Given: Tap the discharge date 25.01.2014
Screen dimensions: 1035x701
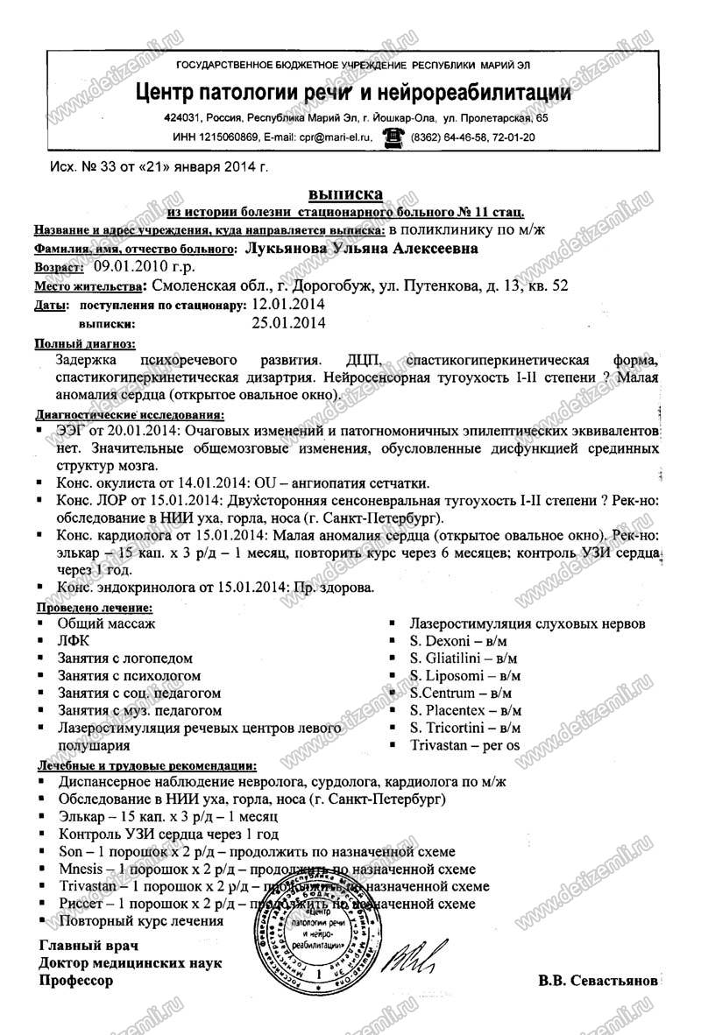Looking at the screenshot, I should tap(287, 324).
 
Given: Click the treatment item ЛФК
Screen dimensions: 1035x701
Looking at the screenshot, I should tap(73, 642).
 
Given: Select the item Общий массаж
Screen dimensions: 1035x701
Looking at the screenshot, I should tap(106, 623).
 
